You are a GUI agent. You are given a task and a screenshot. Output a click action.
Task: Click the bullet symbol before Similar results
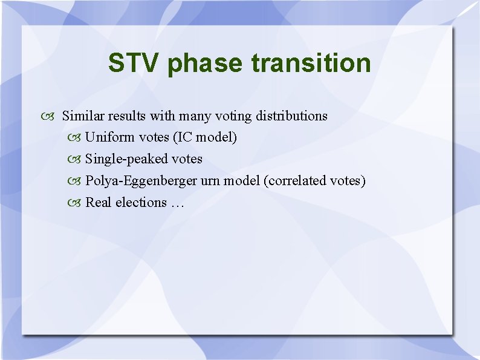51,116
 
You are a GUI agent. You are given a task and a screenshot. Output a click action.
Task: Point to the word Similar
83,116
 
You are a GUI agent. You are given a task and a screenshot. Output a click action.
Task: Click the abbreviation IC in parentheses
184,137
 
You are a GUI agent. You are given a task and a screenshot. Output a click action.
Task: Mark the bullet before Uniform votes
76,138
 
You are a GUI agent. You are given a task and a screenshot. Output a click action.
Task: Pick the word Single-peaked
126,159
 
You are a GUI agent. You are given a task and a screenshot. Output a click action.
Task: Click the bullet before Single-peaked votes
76,160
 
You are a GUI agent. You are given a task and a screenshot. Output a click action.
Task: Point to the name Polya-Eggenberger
141,181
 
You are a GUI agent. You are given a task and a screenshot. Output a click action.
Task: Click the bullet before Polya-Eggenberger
76,182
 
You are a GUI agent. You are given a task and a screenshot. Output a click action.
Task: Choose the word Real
99,202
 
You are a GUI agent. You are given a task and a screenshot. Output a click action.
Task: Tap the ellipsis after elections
177,204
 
